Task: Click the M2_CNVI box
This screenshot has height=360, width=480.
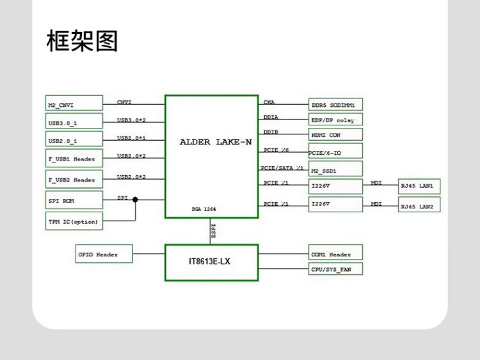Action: coord(74,104)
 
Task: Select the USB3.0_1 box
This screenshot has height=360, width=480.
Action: coord(74,121)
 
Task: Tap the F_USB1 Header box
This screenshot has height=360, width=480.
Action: coord(74,159)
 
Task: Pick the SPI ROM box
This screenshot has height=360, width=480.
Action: coord(74,200)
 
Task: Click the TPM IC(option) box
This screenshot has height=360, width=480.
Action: coord(74,221)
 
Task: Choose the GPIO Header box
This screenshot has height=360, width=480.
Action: coord(104,254)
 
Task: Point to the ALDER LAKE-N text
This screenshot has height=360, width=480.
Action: coord(216,142)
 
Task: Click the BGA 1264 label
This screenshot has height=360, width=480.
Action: coord(204,209)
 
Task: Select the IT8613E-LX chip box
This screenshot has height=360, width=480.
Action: coord(211,262)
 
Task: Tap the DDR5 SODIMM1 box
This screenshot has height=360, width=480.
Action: coord(335,104)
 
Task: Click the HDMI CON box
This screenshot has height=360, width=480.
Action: coord(335,135)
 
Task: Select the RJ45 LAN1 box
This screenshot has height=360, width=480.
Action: coord(419,187)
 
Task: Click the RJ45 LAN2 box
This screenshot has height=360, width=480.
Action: coord(419,206)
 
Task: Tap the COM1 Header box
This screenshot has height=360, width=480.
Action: coord(335,254)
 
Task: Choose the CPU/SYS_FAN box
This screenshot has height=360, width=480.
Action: coord(335,269)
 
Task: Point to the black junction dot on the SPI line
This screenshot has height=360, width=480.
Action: coord(135,200)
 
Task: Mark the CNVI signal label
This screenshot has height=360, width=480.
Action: coord(124,102)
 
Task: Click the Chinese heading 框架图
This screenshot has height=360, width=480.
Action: coord(82,41)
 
